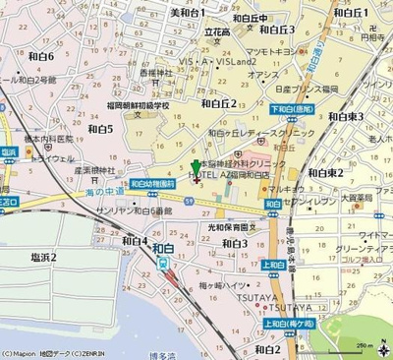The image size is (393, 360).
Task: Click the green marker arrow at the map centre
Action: pos(196,168)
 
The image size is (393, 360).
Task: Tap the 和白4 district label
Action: pos(135,240)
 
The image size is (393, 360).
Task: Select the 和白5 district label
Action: pos(100,128)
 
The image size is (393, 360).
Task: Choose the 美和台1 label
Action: pos(188,13)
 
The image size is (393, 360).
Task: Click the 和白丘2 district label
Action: pos(219,102)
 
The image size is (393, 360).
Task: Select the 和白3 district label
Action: pos(234,243)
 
